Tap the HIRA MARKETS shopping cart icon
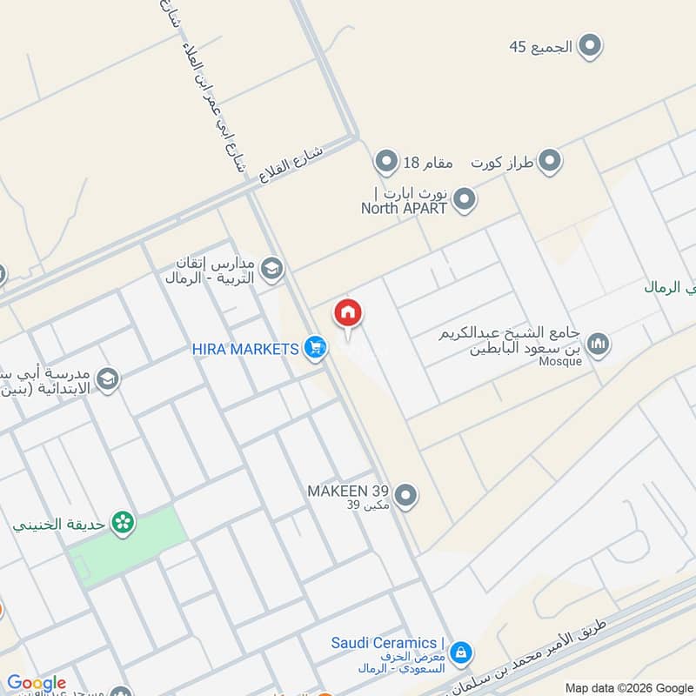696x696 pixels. [x=316, y=349]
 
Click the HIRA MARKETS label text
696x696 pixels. [x=245, y=349]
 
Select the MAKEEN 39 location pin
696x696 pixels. [x=405, y=497]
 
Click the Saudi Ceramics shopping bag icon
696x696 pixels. [x=461, y=651]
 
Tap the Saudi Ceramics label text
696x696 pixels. [x=387, y=644]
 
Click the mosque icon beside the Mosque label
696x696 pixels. [x=598, y=345]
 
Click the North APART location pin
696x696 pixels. [x=465, y=200]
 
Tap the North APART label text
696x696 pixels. [x=404, y=208]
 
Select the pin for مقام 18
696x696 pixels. [x=385, y=161]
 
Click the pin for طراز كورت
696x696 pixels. [x=549, y=161]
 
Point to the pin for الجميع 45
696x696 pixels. [x=591, y=46]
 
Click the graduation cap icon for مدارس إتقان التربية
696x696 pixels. [x=272, y=269]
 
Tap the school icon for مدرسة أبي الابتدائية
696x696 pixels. [x=108, y=379]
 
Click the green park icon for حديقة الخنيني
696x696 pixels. [x=124, y=523]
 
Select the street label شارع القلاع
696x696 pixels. [x=291, y=164]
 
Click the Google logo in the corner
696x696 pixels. [x=37, y=684]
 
